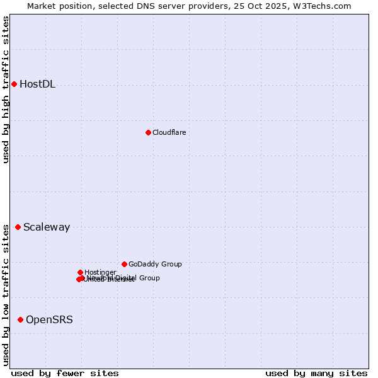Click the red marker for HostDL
(14, 84)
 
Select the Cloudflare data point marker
(148, 132)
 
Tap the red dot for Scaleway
(18, 227)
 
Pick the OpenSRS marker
(20, 319)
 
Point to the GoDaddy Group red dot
(124, 264)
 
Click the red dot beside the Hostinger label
(80, 272)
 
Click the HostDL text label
(37, 84)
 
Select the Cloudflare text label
(169, 132)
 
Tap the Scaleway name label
(47, 227)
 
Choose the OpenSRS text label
(49, 320)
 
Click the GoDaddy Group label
(155, 264)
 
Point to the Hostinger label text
(100, 272)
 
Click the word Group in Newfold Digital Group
(149, 278)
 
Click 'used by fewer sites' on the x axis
(65, 373)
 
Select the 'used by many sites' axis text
(316, 373)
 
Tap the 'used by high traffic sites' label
(6, 89)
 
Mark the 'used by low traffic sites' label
(6, 294)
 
